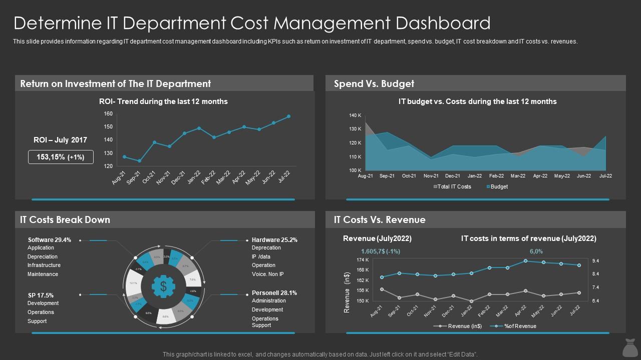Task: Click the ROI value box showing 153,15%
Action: click(60, 157)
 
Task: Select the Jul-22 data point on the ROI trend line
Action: click(288, 116)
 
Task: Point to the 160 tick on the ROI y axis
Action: click(108, 113)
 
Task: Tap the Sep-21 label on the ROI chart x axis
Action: click(134, 177)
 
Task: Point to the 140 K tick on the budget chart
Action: click(355, 115)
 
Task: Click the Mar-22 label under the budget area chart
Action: click(518, 176)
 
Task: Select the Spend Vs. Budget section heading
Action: click(374, 83)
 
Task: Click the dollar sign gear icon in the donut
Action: click(163, 286)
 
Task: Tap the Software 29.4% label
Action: click(50, 240)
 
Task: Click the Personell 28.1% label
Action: click(274, 293)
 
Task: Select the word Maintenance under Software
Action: click(43, 274)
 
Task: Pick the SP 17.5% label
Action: click(41, 295)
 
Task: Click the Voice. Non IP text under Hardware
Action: click(267, 274)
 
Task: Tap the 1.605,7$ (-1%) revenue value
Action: click(380, 251)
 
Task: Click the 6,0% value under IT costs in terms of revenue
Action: click(536, 251)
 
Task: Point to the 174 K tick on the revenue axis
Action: click(363, 260)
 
